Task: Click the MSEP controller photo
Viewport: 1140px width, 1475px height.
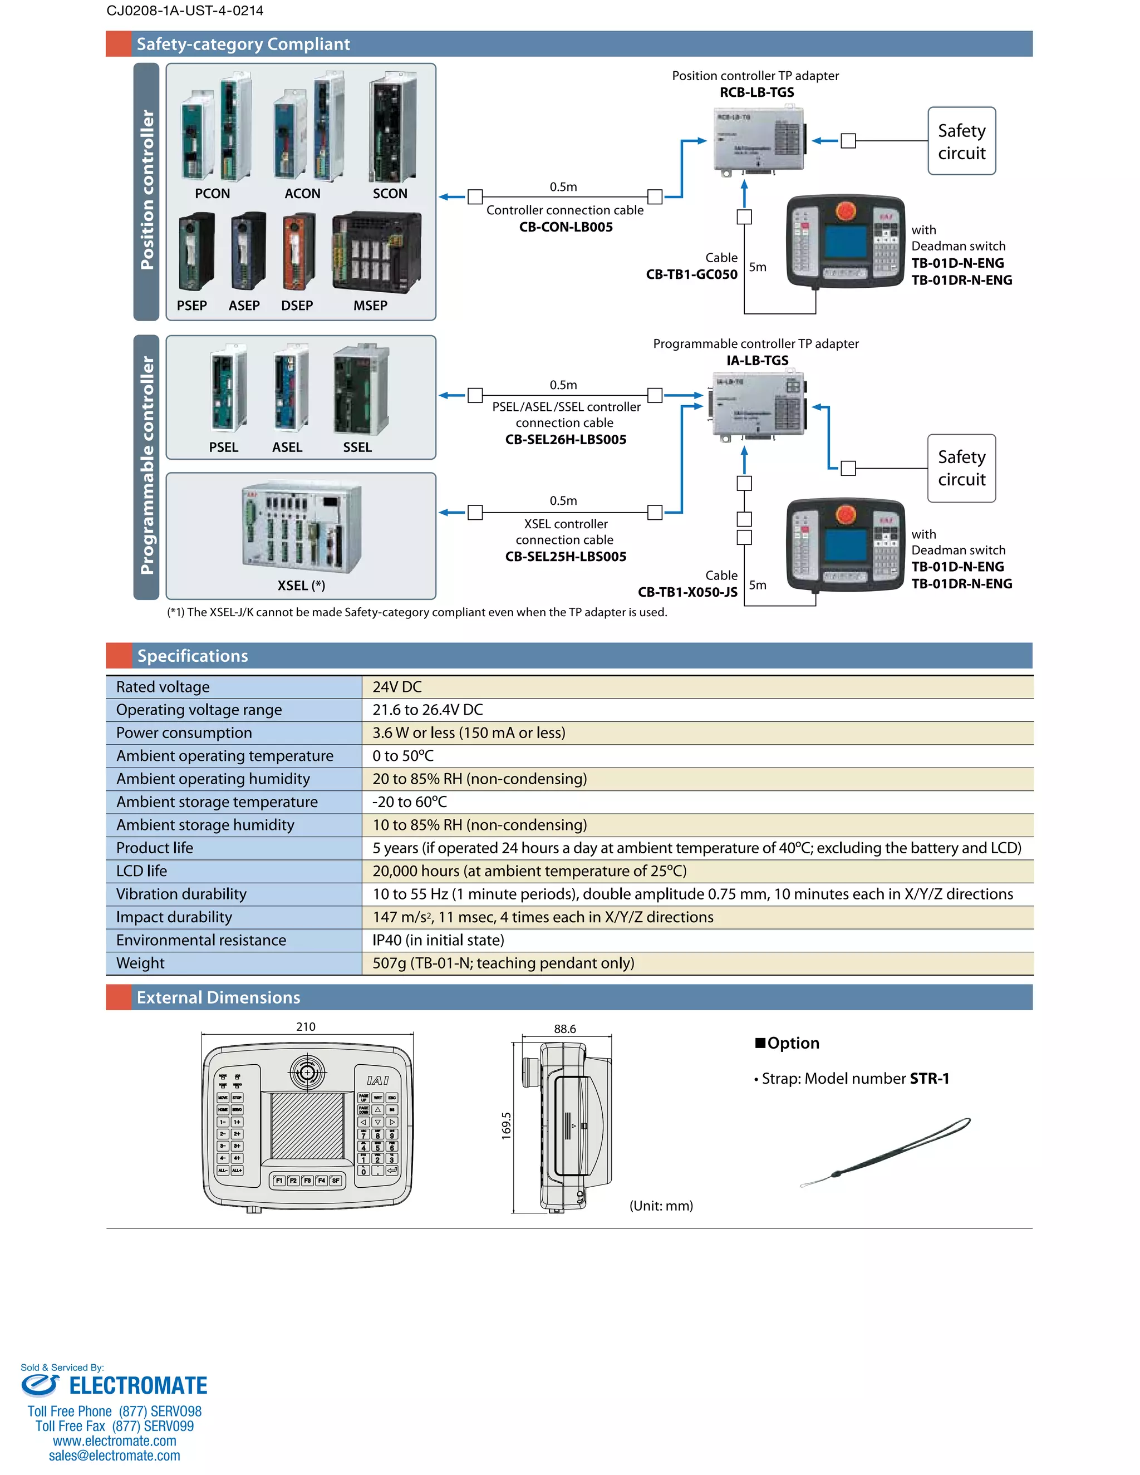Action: (376, 252)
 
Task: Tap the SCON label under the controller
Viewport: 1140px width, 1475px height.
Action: (390, 194)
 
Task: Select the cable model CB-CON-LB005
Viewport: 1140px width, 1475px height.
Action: (566, 228)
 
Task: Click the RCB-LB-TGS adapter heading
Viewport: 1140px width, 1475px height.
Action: (756, 92)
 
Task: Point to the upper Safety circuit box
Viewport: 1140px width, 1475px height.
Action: (961, 141)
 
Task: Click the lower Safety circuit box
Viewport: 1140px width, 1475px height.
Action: (961, 468)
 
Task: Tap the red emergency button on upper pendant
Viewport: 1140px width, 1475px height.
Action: (845, 210)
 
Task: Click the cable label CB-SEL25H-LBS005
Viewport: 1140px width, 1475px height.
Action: (566, 557)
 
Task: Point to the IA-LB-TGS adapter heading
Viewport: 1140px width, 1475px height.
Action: (757, 361)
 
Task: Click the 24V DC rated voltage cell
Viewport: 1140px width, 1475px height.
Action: (397, 687)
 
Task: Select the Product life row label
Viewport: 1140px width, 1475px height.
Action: (155, 848)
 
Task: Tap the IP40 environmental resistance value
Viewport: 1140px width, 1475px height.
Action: (438, 940)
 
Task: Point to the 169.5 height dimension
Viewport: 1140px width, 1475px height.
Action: (507, 1126)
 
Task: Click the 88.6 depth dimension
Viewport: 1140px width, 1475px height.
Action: (564, 1029)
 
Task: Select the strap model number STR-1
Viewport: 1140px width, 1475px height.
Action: (929, 1079)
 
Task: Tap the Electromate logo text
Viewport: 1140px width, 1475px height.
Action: (138, 1386)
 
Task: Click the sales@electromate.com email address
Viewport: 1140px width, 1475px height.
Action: (114, 1456)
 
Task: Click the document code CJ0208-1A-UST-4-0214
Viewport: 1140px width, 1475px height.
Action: (185, 11)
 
